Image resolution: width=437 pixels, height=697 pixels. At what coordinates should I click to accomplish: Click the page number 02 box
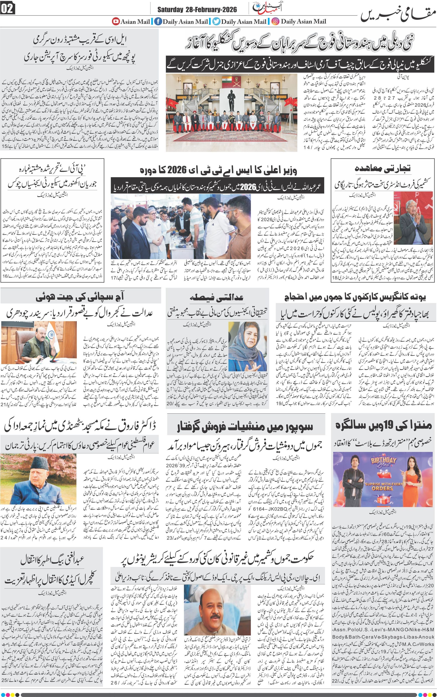[x=7, y=9]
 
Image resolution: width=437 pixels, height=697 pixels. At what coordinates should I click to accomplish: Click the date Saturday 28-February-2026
[x=197, y=10]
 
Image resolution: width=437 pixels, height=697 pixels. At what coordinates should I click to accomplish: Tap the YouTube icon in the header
[x=116, y=21]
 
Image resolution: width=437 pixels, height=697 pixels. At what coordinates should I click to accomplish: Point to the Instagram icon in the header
[x=276, y=21]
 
